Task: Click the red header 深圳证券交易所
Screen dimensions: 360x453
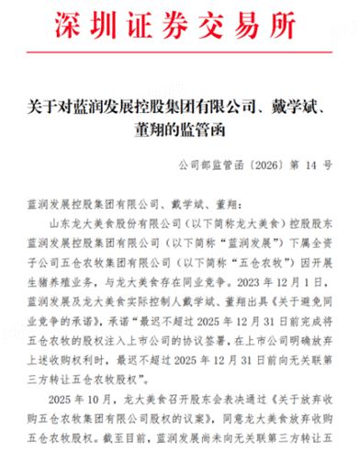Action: pos(180,20)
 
